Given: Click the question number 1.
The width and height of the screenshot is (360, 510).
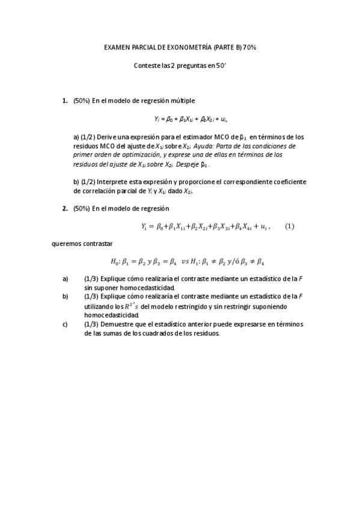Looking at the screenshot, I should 65,100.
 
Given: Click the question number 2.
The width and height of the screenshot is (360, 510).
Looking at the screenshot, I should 65,208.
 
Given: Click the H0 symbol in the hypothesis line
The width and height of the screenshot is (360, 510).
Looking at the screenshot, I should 115,262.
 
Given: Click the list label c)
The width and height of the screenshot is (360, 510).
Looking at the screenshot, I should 65,324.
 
